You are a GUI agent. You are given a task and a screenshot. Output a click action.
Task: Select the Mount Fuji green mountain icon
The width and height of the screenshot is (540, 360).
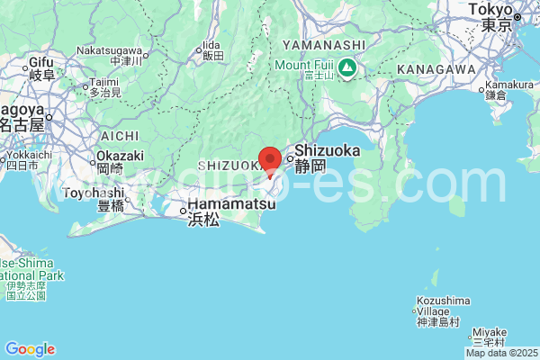[x=347, y=67]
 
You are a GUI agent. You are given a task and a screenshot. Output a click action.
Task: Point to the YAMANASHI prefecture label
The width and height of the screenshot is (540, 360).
[x=324, y=45]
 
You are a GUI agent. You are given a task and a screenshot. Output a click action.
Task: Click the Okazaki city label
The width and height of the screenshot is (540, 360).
[x=119, y=156]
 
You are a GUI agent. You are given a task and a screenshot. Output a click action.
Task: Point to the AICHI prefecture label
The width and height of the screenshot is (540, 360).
[x=120, y=135]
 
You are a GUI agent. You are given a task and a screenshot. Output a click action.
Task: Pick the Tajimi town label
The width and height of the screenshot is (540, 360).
[x=104, y=82]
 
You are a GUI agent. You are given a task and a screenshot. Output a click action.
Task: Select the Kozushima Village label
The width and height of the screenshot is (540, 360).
[x=444, y=301]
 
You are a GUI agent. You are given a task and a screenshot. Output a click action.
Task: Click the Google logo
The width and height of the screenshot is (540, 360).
[x=30, y=349]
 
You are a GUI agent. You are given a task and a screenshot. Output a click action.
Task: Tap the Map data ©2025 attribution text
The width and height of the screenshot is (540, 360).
[x=500, y=353]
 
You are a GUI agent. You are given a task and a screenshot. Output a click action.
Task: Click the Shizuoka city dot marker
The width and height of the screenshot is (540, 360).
[x=290, y=162]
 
